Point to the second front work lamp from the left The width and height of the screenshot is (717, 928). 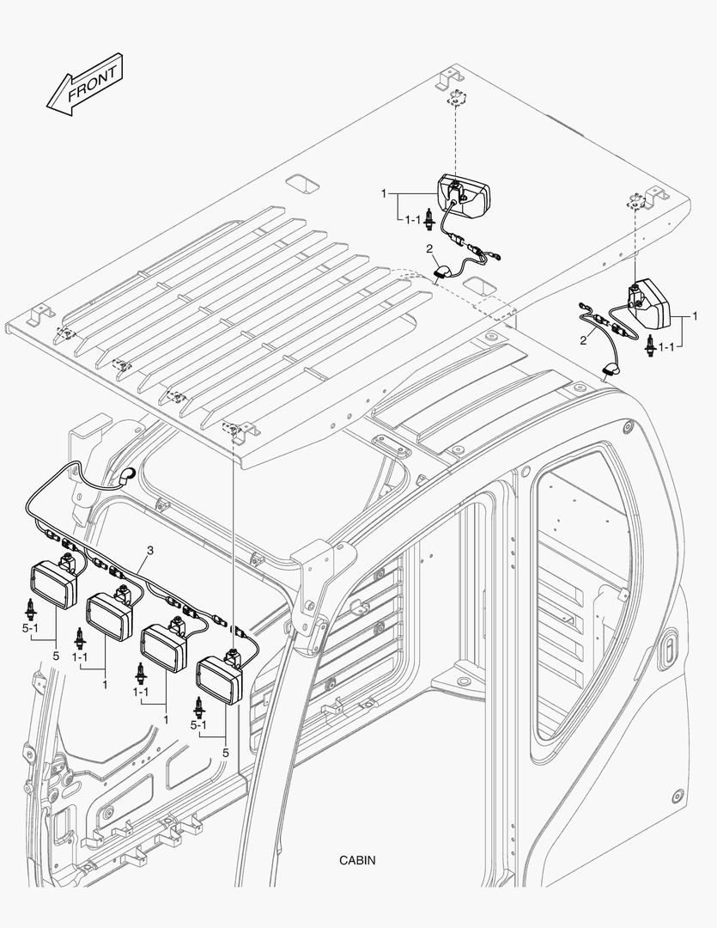click(x=106, y=609)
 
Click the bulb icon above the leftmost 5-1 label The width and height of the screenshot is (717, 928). click(x=30, y=609)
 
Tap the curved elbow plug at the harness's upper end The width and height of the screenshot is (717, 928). click(x=126, y=475)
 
